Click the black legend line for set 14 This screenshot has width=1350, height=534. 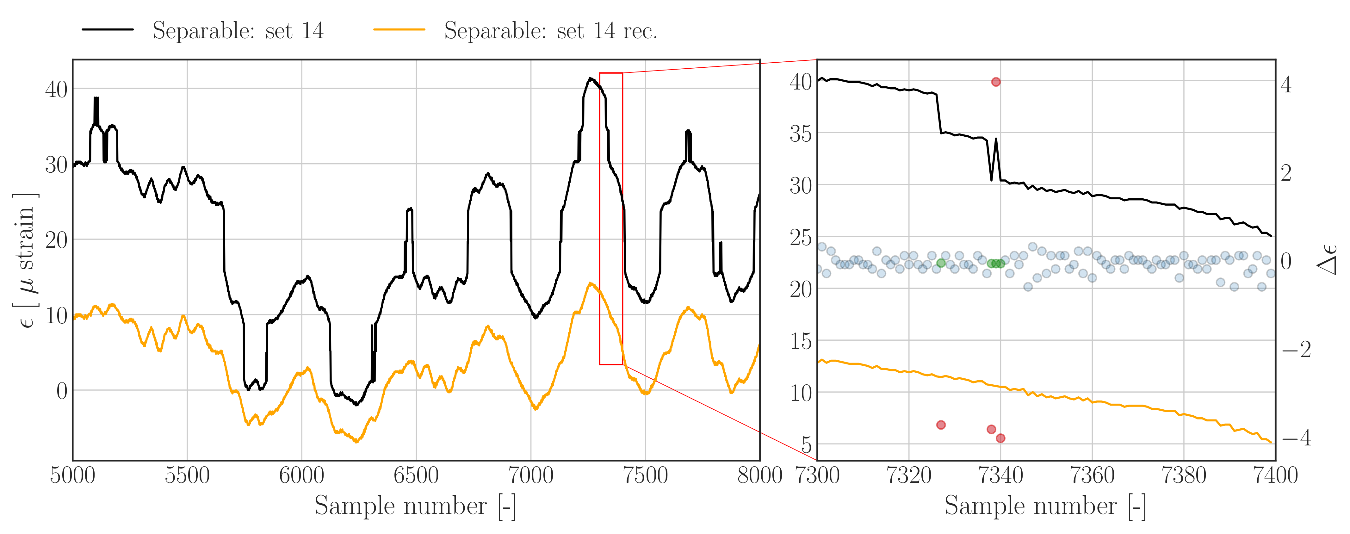(108, 30)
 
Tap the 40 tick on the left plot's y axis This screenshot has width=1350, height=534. (56, 89)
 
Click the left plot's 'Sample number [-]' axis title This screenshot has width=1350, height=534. (415, 506)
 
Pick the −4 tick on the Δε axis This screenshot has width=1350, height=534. (1296, 438)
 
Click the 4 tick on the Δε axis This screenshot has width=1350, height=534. (1285, 85)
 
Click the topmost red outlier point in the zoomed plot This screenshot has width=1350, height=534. (996, 82)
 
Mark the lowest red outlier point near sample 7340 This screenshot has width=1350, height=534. (1000, 438)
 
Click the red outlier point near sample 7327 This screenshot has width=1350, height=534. (941, 425)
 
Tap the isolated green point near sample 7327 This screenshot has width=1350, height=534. (941, 263)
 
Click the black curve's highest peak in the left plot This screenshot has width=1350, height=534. (590, 78)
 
